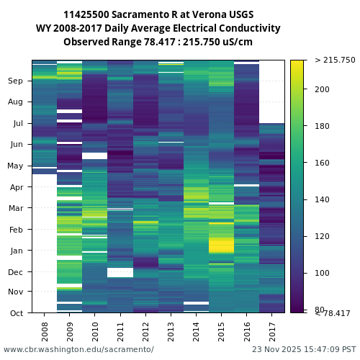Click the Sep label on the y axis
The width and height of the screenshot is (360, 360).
click(x=16, y=81)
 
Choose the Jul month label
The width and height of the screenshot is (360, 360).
click(x=17, y=124)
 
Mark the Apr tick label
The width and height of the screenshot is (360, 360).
click(x=16, y=187)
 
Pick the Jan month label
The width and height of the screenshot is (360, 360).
click(x=16, y=251)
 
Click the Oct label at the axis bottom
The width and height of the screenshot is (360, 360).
click(x=16, y=313)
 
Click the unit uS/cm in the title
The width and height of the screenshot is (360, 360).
click(x=236, y=42)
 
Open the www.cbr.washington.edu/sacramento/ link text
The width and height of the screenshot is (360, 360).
click(x=78, y=349)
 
